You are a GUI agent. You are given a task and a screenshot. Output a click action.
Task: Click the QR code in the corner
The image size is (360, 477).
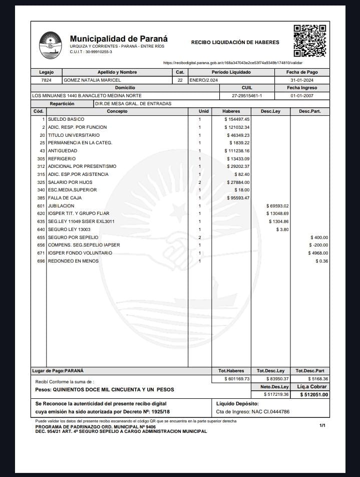(x=309, y=40)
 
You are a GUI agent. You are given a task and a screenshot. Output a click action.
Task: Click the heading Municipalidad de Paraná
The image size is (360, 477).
(x=119, y=39)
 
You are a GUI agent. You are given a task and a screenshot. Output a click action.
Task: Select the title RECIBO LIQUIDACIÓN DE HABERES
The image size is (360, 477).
(x=235, y=43)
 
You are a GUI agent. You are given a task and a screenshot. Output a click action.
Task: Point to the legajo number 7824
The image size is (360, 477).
(x=46, y=80)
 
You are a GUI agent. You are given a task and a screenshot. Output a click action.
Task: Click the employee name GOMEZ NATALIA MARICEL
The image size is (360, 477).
(x=92, y=80)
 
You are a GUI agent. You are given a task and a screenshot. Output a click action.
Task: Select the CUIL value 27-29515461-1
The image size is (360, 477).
(x=247, y=96)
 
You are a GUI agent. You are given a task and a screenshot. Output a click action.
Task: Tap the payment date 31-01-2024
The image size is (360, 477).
(x=302, y=80)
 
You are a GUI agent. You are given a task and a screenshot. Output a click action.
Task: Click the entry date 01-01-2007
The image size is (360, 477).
(x=302, y=96)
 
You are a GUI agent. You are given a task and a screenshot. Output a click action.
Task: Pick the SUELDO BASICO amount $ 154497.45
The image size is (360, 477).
(x=237, y=119)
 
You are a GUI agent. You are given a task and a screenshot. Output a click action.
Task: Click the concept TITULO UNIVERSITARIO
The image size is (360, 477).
(x=74, y=135)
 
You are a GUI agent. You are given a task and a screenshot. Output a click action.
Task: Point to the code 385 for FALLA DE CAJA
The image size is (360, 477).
(x=41, y=198)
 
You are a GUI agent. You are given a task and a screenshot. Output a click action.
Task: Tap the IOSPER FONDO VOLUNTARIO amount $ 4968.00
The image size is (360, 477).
(x=318, y=253)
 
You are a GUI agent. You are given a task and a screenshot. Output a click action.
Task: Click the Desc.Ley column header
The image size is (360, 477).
(x=270, y=111)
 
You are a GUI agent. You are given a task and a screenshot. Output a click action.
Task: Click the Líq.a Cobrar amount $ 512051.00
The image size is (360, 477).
(x=313, y=395)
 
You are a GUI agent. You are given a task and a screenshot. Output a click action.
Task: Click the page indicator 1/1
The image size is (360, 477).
(x=322, y=425)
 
